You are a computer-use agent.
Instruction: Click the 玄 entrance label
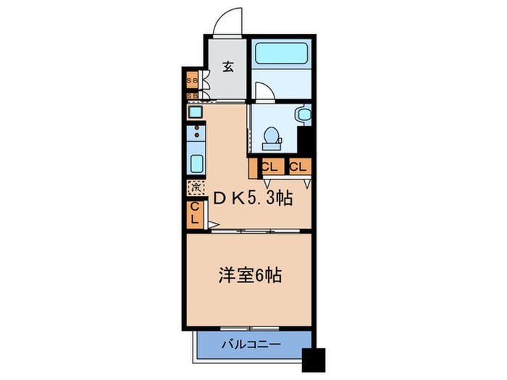[228, 67]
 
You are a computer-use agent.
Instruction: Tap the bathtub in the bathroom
[280, 54]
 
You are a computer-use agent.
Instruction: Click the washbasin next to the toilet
[303, 115]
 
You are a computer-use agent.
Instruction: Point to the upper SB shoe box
[193, 80]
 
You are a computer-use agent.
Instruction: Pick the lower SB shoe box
[193, 95]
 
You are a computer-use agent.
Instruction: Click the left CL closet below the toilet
[269, 167]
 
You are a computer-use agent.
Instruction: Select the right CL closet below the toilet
[298, 167]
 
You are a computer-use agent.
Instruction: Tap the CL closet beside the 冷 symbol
[195, 214]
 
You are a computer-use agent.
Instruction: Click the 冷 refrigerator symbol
[196, 187]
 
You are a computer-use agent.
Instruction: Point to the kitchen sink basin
[196, 161]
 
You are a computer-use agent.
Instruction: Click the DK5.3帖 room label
[251, 198]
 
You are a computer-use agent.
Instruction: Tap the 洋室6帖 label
[250, 276]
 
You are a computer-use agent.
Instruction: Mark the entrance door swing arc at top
[230, 18]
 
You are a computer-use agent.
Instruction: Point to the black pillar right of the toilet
[305, 138]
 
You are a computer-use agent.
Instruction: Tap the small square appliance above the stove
[195, 113]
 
